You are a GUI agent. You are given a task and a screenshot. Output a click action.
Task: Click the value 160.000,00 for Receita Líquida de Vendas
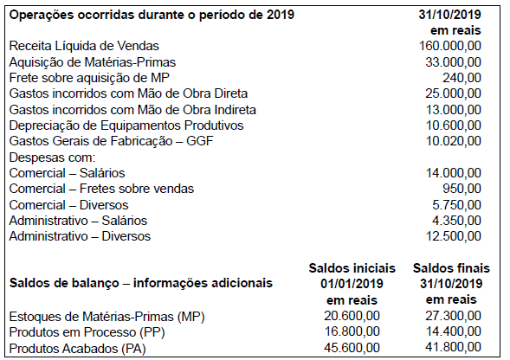pyautogui.click(x=450, y=46)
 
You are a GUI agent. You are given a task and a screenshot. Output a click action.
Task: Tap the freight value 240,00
pyautogui.click(x=466, y=77)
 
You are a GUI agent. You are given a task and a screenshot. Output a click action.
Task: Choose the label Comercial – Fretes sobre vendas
pyautogui.click(x=101, y=188)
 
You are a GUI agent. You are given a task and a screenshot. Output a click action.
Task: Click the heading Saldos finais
pyautogui.click(x=449, y=267)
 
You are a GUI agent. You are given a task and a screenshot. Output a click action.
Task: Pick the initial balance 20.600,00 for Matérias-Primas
pyautogui.click(x=351, y=316)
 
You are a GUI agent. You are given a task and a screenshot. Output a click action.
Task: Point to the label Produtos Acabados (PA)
pyautogui.click(x=77, y=348)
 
